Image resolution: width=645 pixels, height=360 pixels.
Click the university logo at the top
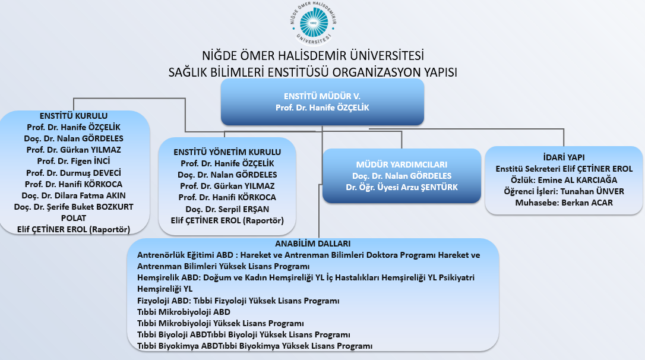click(x=322, y=23)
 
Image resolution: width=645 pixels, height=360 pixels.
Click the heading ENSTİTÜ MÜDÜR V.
click(x=322, y=96)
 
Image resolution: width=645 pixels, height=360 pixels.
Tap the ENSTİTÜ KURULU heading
click(x=74, y=116)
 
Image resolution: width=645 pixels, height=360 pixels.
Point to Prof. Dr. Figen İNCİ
click(x=74, y=161)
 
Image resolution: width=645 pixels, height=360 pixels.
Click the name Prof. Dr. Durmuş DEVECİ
click(x=74, y=172)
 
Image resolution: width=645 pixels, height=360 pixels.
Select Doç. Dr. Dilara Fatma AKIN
click(x=74, y=195)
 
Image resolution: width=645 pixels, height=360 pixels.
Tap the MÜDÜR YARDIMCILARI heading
click(x=401, y=165)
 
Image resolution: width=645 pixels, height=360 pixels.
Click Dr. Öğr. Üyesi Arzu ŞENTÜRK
click(x=401, y=187)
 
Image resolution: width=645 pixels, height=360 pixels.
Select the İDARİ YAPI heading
click(x=564, y=157)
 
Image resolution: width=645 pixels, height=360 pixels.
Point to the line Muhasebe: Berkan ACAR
click(x=564, y=203)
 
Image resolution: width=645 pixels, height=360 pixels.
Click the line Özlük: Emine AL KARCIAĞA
click(x=564, y=180)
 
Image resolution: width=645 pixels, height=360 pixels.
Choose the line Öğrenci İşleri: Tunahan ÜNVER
click(x=564, y=191)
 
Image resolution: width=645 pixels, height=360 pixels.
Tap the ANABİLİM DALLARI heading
click(x=313, y=244)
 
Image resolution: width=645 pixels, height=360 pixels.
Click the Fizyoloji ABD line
click(x=238, y=300)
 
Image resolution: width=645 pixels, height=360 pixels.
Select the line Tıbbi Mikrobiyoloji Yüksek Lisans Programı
click(x=220, y=323)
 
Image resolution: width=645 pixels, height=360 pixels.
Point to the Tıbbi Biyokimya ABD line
click(x=254, y=345)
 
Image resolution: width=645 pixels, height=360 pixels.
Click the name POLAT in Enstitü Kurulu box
click(x=74, y=217)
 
